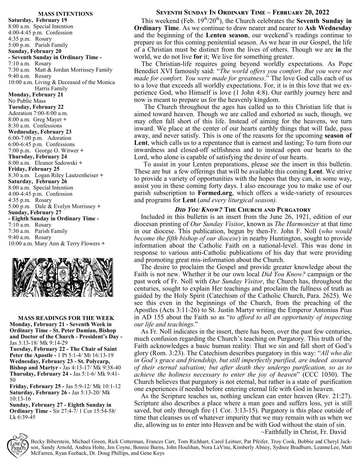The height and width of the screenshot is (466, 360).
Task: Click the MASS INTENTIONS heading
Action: click(65, 14)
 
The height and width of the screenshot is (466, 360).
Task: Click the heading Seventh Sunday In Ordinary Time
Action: click(243, 13)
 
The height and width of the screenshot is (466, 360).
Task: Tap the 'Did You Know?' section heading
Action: click(243, 210)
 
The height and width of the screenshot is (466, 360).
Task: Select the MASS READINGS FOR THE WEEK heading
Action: click(66, 318)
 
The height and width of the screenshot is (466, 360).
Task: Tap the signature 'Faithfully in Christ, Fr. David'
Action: click(303, 432)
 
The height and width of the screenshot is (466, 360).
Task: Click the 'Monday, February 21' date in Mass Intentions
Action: click(36, 95)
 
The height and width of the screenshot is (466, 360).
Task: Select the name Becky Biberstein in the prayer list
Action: click(49, 442)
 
